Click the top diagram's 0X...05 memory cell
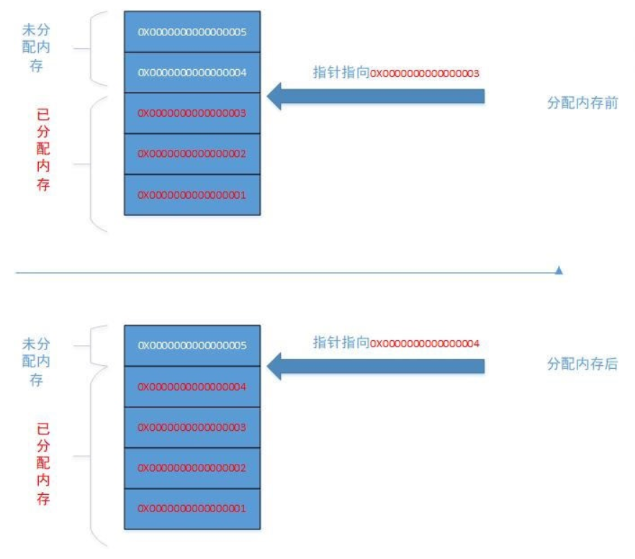[192, 32]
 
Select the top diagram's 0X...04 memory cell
[192, 72]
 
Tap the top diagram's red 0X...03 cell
[192, 113]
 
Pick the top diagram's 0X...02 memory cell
[192, 153]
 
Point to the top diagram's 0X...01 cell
[192, 194]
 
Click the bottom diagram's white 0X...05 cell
[192, 345]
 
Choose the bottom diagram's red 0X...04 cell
[192, 386]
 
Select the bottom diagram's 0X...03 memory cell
[192, 427]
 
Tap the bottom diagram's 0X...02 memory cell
[192, 468]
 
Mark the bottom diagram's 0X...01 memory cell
[192, 509]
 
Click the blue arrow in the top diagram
[374, 96]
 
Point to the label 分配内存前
[582, 103]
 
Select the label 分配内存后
[582, 365]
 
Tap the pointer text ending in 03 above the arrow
[396, 73]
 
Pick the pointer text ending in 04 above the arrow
[396, 343]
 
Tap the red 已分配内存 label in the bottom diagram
[44, 464]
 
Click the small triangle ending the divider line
[559, 271]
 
